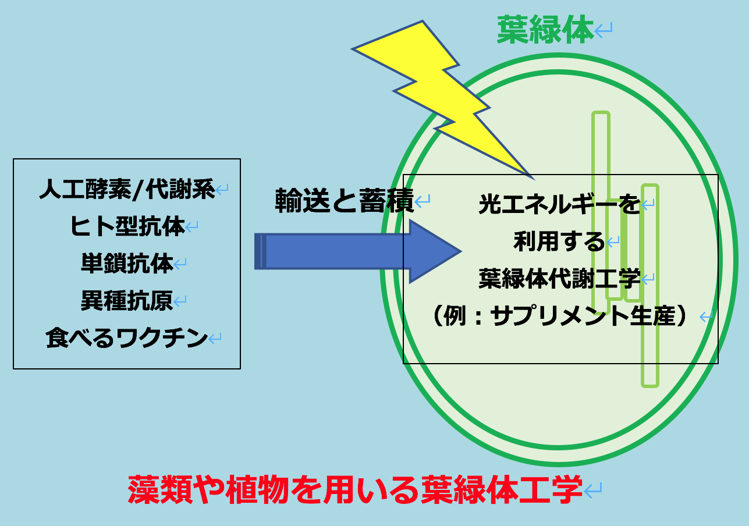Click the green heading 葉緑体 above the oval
[x=545, y=30]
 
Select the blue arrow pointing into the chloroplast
[x=358, y=251]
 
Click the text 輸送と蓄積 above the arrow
[x=345, y=201]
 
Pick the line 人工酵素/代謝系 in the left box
[x=127, y=189]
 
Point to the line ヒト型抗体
[x=127, y=226]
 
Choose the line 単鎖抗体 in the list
[x=127, y=264]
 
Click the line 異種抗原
[x=127, y=301]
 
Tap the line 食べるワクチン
[x=127, y=337]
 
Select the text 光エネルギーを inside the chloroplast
[x=560, y=204]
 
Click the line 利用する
[x=560, y=241]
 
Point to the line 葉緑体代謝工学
[x=560, y=278]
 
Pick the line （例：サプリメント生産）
[x=560, y=315]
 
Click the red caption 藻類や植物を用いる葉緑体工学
[x=356, y=489]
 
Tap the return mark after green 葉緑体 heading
[x=603, y=30]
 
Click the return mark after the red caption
[x=593, y=491]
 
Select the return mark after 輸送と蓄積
[x=423, y=201]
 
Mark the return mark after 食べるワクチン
[x=215, y=339]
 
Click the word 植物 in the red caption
[x=257, y=489]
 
